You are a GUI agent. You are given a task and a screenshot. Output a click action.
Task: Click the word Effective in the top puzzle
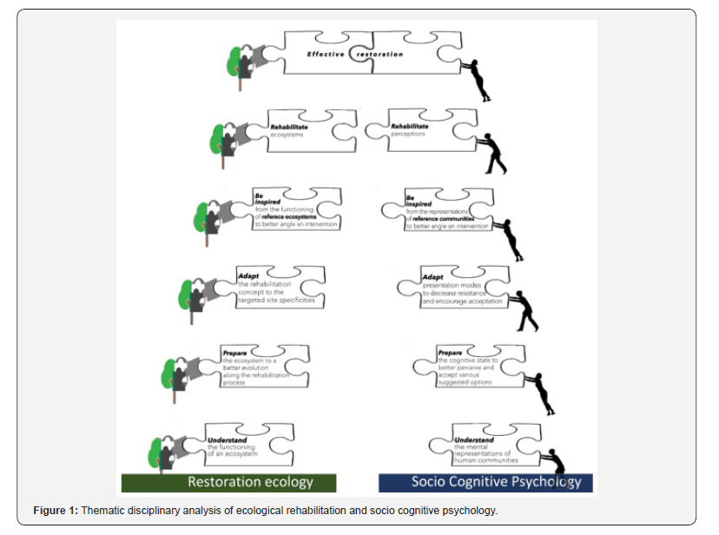point(326,54)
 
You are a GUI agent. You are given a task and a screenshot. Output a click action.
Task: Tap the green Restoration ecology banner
point(228,482)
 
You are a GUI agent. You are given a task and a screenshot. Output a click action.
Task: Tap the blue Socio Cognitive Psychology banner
point(485,482)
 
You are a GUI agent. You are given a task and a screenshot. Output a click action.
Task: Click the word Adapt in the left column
point(248,276)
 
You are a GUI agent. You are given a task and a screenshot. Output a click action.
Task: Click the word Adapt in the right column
point(432,276)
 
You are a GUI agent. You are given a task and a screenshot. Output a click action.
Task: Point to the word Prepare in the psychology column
point(450,353)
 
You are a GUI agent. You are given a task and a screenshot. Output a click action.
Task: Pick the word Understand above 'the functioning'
point(228,440)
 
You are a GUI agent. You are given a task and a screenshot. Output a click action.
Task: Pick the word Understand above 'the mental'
point(474,440)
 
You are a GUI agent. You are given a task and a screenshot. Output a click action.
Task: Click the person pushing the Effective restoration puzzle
point(477,80)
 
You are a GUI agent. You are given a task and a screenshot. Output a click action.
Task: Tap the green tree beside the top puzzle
point(234,61)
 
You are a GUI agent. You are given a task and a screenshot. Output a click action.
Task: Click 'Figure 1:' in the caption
point(56,510)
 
